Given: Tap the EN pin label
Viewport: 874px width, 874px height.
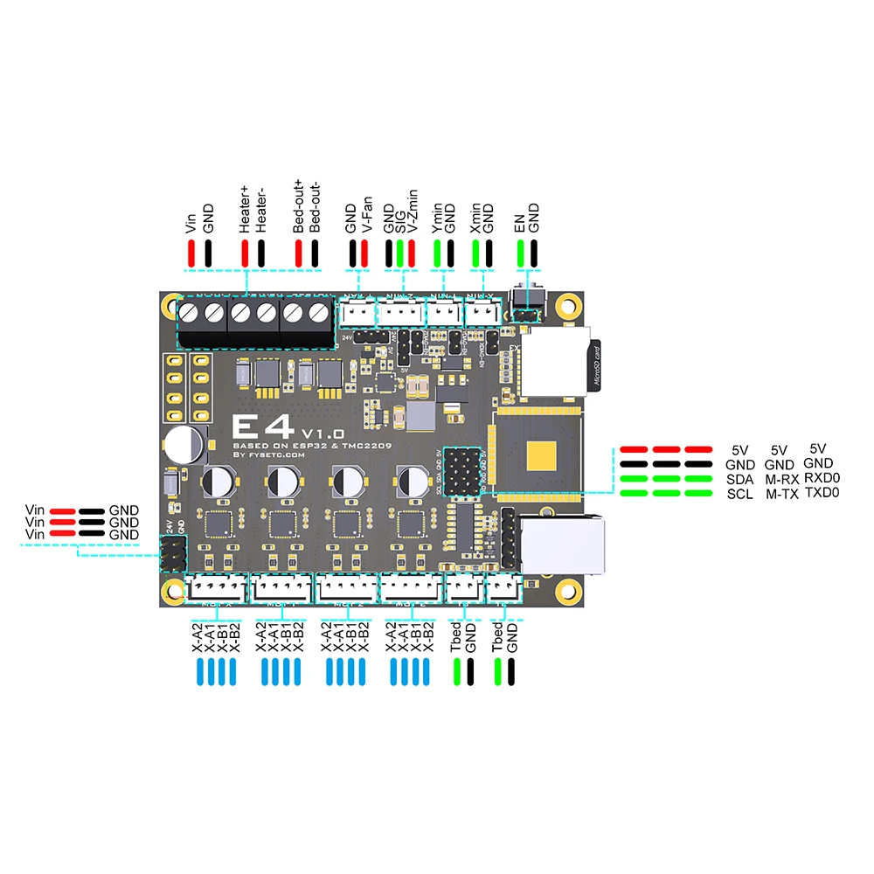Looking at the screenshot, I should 520,225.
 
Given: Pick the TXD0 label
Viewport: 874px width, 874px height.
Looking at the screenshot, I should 822,493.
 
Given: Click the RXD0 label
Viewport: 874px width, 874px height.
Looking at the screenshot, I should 822,478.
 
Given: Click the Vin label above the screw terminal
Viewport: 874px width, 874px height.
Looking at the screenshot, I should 191,222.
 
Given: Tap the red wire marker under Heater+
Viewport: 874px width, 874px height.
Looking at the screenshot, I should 245,253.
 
